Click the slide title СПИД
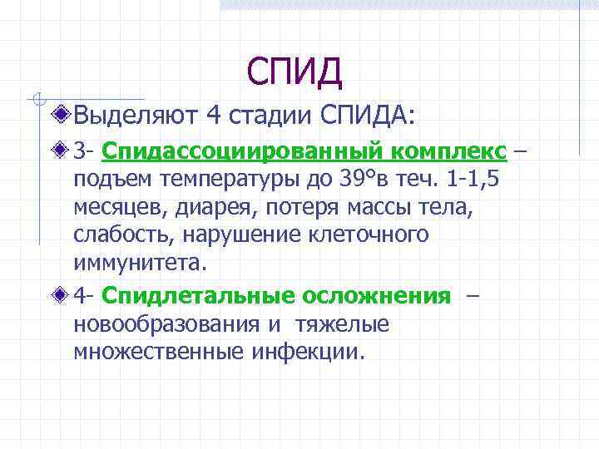[295, 72]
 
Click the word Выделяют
[134, 114]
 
